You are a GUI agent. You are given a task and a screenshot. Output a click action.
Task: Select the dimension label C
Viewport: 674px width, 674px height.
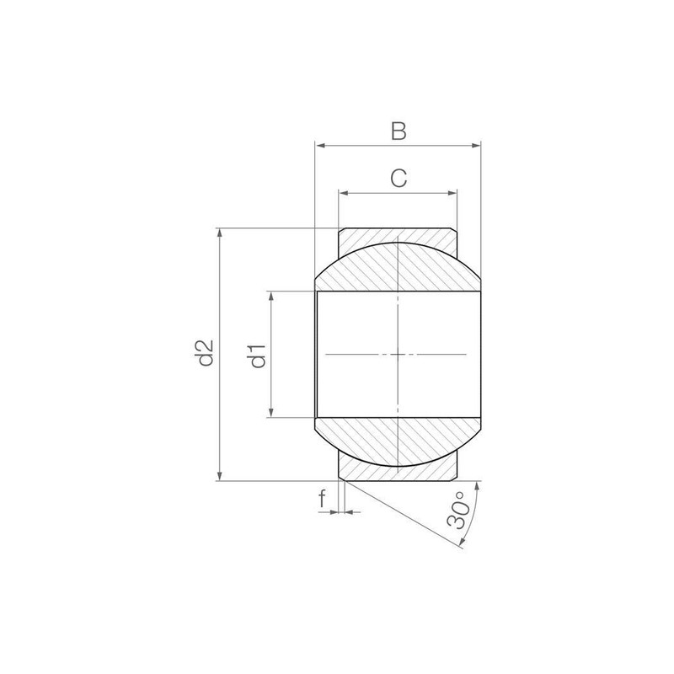pyautogui.click(x=399, y=178)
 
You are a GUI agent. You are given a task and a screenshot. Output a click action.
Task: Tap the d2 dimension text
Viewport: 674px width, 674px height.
pyautogui.click(x=203, y=354)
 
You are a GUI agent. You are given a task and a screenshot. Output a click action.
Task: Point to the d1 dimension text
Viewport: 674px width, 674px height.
pyautogui.click(x=257, y=354)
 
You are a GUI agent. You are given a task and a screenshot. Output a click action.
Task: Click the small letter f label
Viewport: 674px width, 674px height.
pyautogui.click(x=323, y=500)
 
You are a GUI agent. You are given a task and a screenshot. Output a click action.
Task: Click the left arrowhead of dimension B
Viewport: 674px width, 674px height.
pyautogui.click(x=319, y=146)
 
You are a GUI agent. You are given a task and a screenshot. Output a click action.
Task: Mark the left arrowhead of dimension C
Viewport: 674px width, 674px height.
pyautogui.click(x=343, y=193)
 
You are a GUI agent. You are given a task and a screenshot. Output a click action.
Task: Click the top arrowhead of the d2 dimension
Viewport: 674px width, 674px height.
pyautogui.click(x=220, y=233)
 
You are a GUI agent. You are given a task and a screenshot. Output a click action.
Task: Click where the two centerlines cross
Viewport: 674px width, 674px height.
pyautogui.click(x=398, y=355)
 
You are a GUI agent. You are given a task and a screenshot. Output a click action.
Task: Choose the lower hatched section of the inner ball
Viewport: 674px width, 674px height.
pyautogui.click(x=398, y=438)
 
